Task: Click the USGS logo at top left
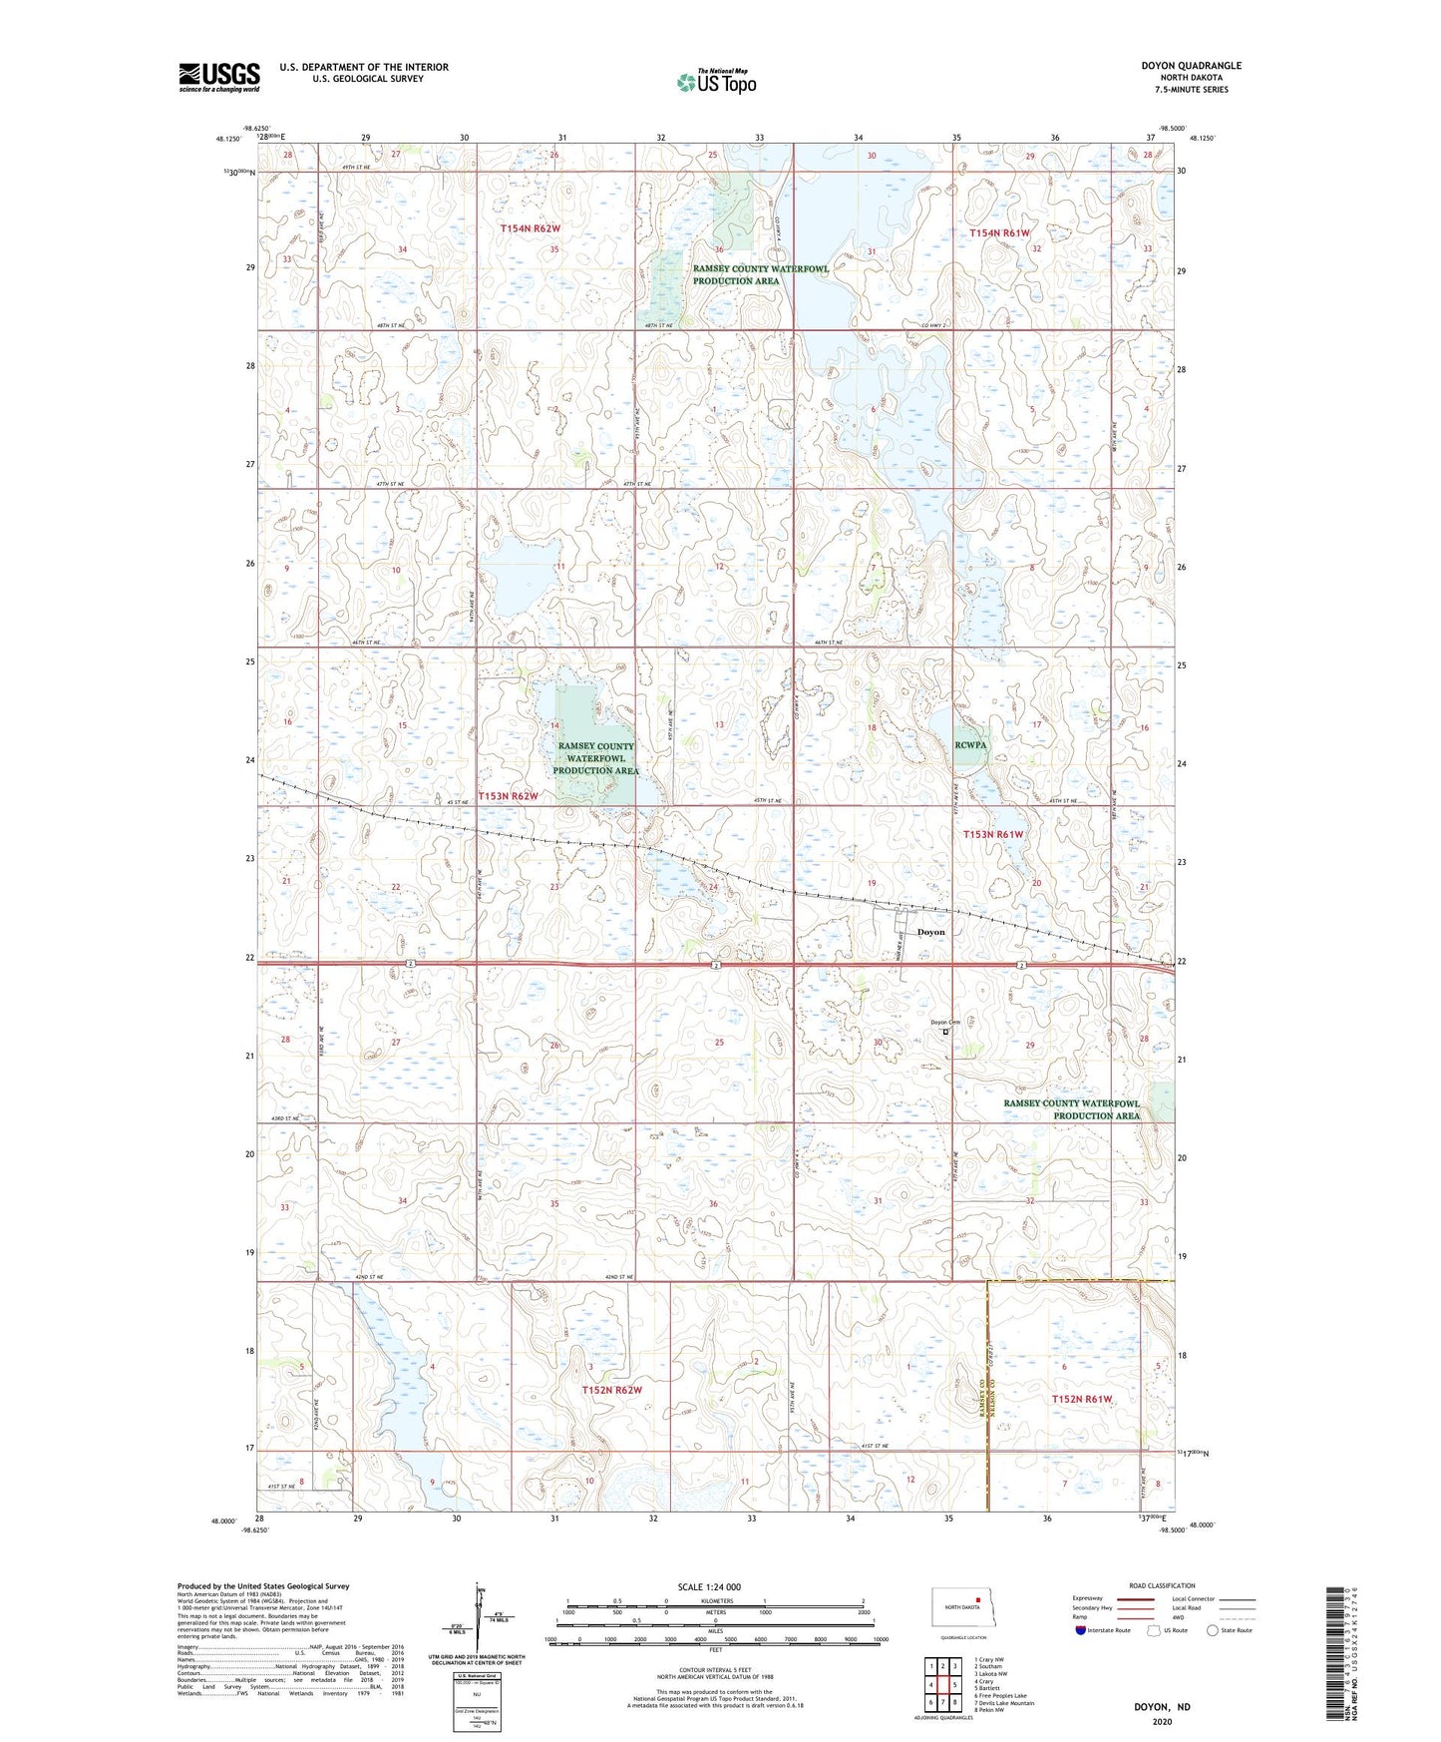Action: click(218, 77)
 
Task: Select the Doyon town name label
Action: click(929, 932)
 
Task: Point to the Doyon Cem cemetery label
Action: click(944, 1022)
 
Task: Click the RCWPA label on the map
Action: click(970, 744)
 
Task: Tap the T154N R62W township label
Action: click(530, 228)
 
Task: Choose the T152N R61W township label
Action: click(1081, 1399)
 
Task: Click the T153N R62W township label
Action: click(508, 796)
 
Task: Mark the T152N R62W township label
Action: click(611, 1390)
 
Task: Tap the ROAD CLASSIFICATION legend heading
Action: click(1162, 1585)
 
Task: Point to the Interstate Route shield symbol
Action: click(1081, 1630)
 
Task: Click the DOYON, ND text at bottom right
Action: click(1161, 1707)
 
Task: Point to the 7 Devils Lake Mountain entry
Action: click(1003, 1703)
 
